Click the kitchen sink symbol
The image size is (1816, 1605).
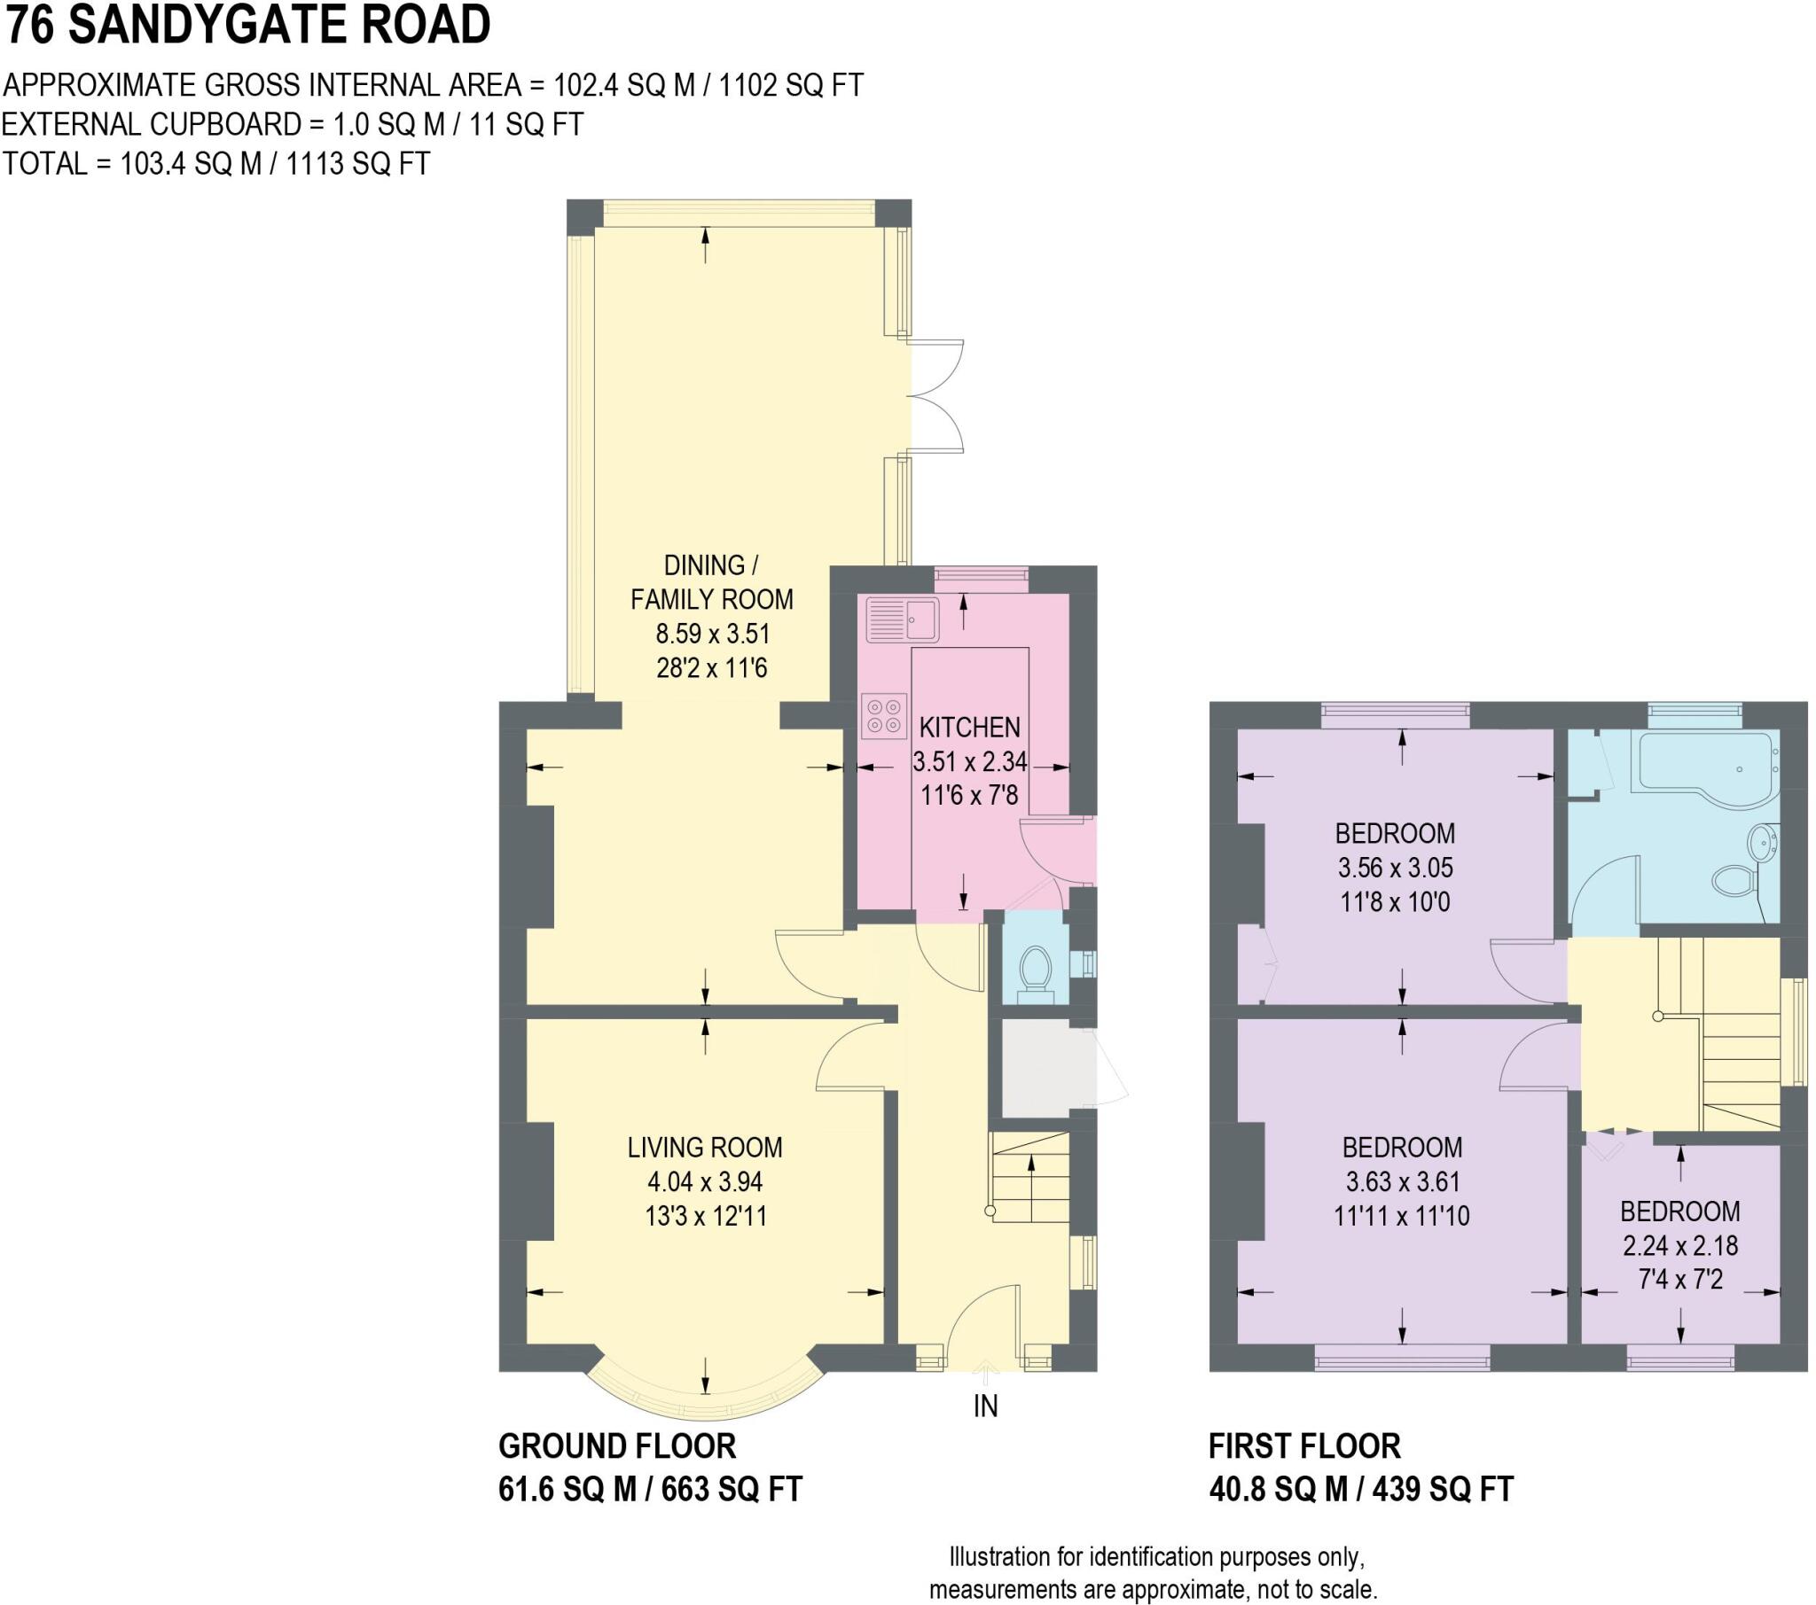pos(903,619)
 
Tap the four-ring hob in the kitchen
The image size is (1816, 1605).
pos(883,716)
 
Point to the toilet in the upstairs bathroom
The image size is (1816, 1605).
pos(1732,880)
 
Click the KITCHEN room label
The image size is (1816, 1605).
pos(969,728)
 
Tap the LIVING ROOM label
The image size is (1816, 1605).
pos(705,1148)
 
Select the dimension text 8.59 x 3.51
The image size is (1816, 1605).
pos(712,635)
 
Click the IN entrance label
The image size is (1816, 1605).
pos(985,1406)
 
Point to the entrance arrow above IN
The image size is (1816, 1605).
pos(984,1373)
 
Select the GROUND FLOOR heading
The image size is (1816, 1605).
pos(616,1446)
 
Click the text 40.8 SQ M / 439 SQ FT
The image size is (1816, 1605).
pos(1360,1489)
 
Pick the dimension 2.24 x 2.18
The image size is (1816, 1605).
pos(1680,1246)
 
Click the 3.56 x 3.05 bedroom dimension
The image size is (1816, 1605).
pos(1395,868)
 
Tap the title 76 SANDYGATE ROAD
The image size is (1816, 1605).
pos(248,25)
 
